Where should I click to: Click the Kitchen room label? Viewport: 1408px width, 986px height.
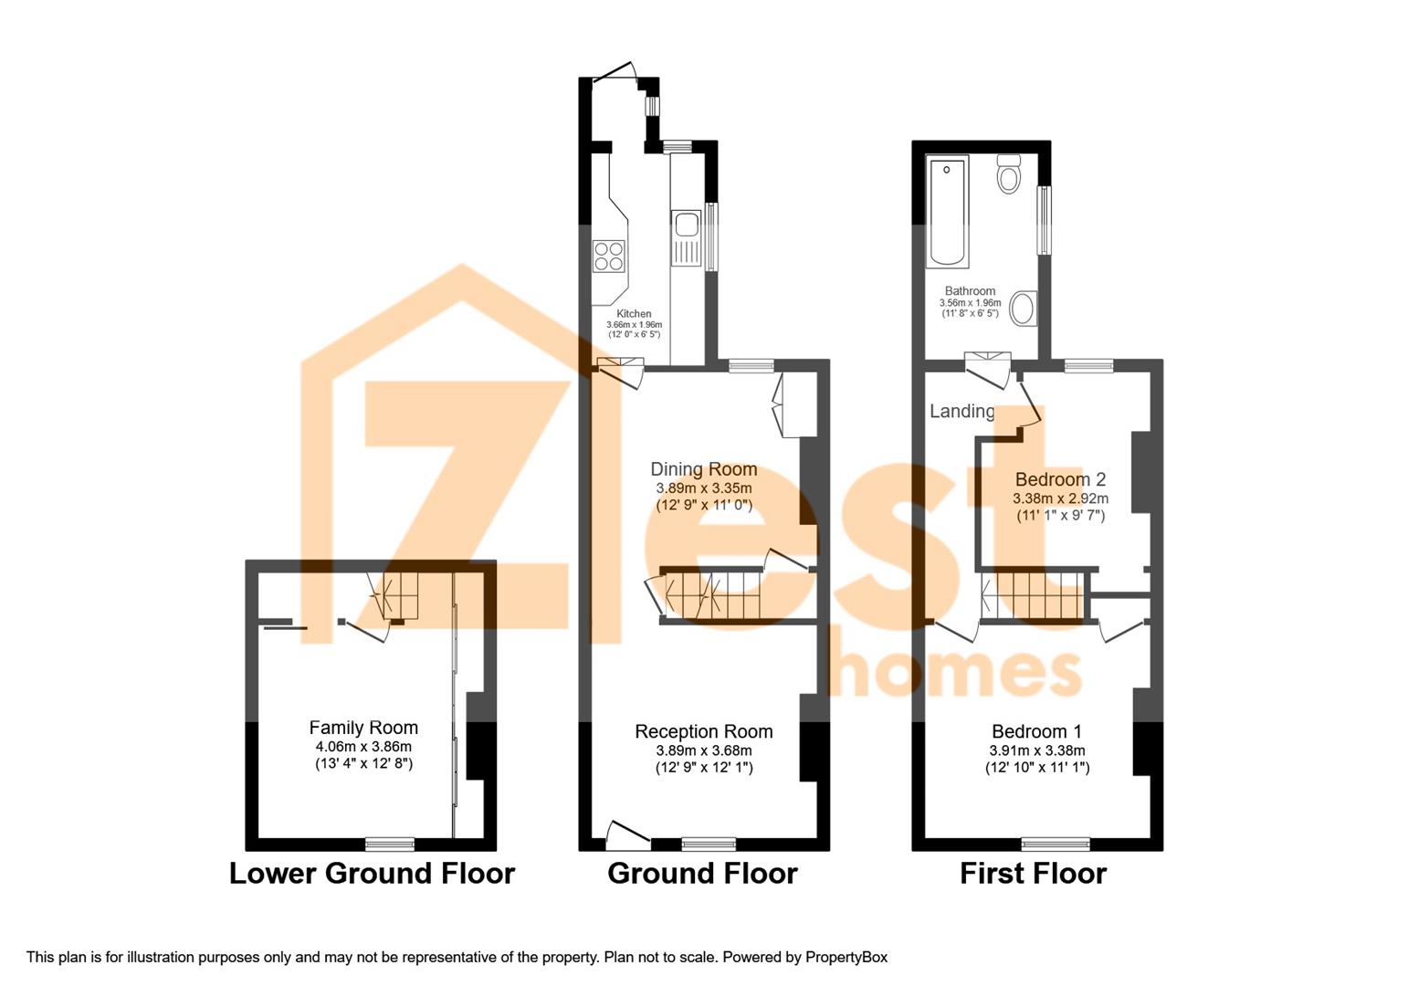coord(634,313)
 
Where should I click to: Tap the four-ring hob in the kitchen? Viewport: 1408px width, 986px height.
coord(609,257)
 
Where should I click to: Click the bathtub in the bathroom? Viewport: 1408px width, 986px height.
coord(947,213)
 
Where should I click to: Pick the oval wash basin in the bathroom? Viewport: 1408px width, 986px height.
coord(1024,308)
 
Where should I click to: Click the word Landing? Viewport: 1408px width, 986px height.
coord(962,411)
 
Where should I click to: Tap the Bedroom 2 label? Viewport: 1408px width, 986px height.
coord(1060,479)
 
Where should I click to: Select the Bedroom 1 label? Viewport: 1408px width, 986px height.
coord(1037,731)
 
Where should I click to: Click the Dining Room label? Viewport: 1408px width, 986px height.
coord(703,469)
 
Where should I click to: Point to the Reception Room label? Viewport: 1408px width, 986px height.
coord(703,731)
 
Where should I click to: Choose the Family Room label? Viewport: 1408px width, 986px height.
coord(363,728)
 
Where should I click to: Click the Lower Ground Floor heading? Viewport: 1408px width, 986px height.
coord(373,874)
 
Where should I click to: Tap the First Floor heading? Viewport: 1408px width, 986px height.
coord(1034,874)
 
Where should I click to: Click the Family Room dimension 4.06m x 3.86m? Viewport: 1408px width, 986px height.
coord(363,747)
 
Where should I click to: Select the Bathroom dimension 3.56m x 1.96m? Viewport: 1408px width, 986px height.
coord(970,303)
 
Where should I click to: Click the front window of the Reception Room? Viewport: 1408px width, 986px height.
coord(709,844)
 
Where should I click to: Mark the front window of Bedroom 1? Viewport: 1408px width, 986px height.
coord(1056,844)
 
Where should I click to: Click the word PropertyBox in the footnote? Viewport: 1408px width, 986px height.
coord(846,957)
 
